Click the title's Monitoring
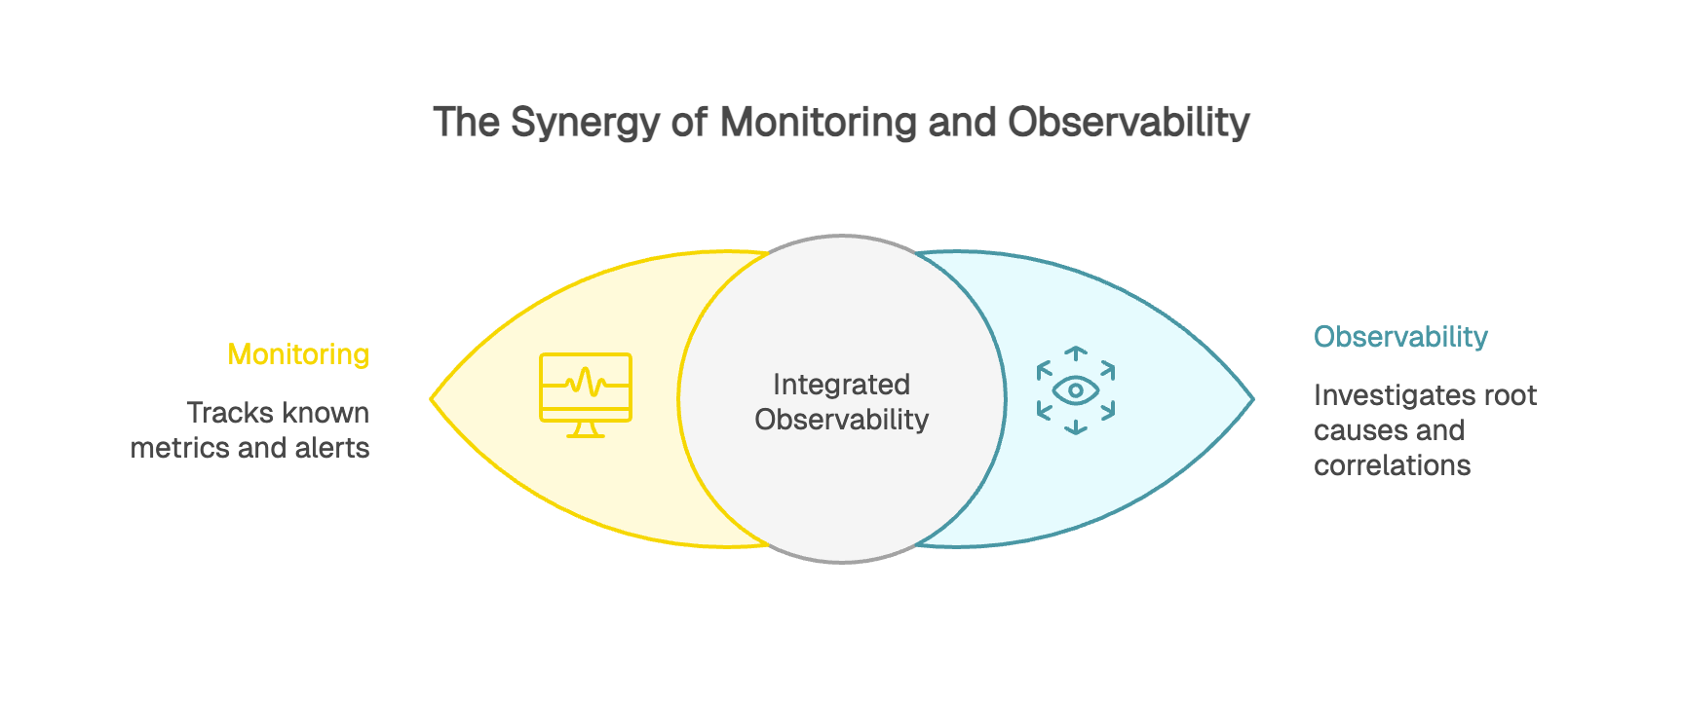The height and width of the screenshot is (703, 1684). (819, 124)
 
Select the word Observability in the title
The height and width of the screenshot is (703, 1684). (1129, 124)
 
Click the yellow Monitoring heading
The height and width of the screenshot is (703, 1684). (298, 354)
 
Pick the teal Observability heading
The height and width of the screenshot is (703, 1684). (1399, 337)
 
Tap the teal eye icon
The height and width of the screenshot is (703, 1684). (1076, 390)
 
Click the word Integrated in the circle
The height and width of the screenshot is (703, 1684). (841, 385)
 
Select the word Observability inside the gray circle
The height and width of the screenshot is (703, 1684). (841, 420)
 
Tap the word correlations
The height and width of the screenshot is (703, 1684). (1392, 465)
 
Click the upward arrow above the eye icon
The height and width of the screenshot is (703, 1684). (1076, 352)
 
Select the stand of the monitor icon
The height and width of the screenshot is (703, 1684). (586, 429)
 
